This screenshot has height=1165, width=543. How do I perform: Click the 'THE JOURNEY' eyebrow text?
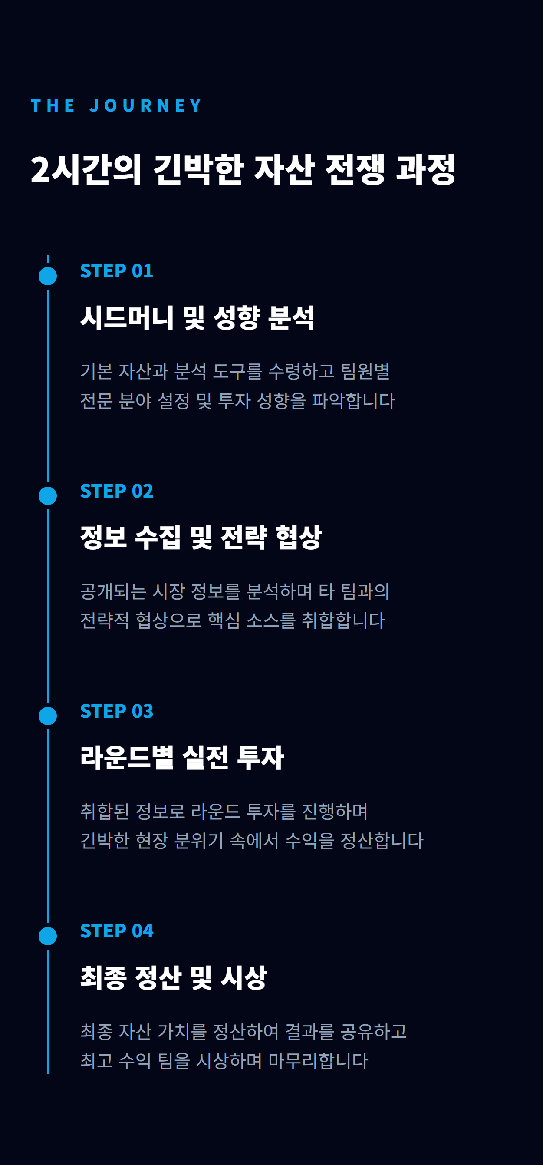point(116,106)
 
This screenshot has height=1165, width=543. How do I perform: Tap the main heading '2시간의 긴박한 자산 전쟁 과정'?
point(243,170)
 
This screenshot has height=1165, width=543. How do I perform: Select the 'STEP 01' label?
point(117,271)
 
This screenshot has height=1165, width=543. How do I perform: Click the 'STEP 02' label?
point(117,491)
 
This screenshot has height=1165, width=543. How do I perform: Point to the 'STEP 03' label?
point(117,711)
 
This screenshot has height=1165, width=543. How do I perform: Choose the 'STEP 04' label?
point(117,931)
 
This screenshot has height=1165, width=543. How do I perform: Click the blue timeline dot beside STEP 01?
point(48,276)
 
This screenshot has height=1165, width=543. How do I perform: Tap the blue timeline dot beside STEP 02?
point(48,496)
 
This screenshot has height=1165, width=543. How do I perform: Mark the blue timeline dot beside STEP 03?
point(48,716)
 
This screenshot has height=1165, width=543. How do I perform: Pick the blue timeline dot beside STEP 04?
point(48,936)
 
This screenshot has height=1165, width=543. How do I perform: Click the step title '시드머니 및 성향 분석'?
point(197,317)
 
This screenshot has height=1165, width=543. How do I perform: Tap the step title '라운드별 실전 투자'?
point(182,758)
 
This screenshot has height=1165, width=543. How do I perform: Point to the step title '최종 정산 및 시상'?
point(174,978)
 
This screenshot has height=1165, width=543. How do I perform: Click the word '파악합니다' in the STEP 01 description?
point(354,401)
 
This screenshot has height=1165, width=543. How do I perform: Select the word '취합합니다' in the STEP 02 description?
point(343,620)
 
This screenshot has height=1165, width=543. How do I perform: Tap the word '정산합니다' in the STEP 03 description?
point(382,840)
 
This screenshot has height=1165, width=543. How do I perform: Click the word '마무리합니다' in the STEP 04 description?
point(318,1060)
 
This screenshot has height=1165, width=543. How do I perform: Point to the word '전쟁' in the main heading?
point(355,170)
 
